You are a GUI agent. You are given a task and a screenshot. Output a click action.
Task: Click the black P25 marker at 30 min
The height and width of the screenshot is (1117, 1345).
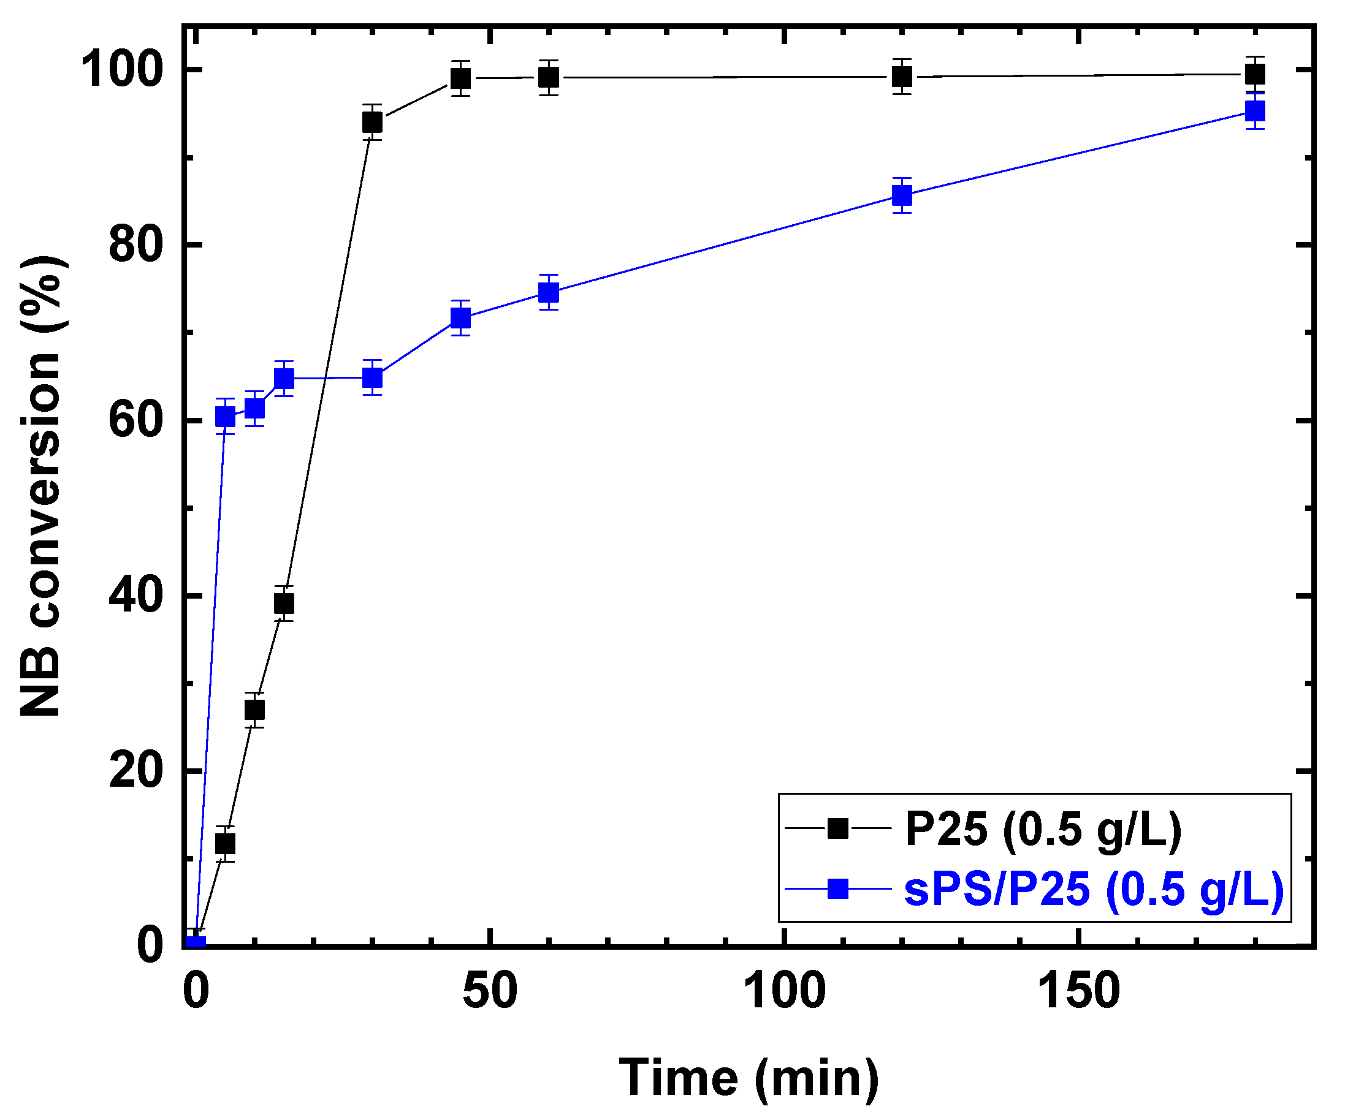click(372, 121)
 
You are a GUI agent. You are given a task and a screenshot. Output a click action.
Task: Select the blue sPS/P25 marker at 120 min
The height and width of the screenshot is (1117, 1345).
click(902, 195)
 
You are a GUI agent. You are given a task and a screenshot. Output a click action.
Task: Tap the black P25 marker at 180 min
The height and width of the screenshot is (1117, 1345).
click(1255, 75)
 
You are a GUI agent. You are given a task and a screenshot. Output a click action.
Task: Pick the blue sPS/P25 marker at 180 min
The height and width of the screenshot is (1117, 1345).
click(1255, 112)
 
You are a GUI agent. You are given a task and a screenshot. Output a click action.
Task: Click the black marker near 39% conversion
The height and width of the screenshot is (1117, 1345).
click(284, 603)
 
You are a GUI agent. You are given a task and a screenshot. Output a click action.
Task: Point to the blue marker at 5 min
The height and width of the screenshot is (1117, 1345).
click(225, 417)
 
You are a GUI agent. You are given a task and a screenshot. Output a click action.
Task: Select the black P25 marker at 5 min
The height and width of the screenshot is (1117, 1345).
click(225, 844)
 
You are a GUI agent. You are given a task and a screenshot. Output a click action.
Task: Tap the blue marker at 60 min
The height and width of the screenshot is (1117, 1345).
click(549, 292)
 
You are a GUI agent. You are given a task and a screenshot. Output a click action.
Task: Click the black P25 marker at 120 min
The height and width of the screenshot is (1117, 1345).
click(902, 77)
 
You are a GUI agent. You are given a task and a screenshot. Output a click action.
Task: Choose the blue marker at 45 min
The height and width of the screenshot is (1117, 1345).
click(460, 317)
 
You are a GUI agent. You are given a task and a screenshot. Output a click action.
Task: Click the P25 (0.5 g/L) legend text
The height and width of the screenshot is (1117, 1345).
click(1043, 830)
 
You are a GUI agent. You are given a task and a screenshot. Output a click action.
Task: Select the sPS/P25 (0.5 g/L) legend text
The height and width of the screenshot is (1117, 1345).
click(1094, 889)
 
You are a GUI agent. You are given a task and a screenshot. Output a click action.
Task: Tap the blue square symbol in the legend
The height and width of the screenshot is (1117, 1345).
click(838, 888)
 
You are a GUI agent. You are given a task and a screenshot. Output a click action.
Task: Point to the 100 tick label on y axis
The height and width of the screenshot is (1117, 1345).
click(120, 70)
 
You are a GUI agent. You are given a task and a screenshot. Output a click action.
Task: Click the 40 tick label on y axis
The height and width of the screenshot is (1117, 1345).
click(133, 596)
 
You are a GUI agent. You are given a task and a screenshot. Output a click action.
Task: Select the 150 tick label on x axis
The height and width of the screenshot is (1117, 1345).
click(1078, 991)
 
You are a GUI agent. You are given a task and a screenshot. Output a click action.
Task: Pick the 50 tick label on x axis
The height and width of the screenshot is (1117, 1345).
click(490, 991)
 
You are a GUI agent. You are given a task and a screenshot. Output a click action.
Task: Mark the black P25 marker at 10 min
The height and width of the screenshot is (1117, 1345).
click(254, 710)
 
